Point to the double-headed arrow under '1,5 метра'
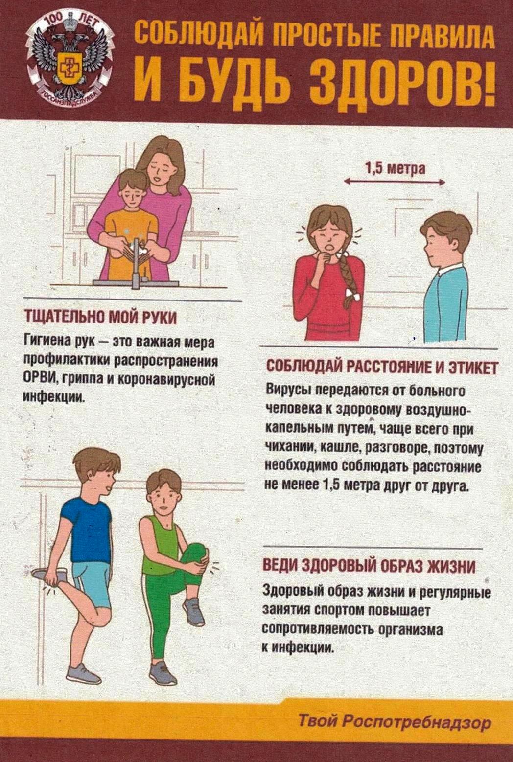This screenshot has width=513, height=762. coord(395,183)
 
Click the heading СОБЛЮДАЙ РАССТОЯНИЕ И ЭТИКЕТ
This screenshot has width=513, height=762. coord(382,369)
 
